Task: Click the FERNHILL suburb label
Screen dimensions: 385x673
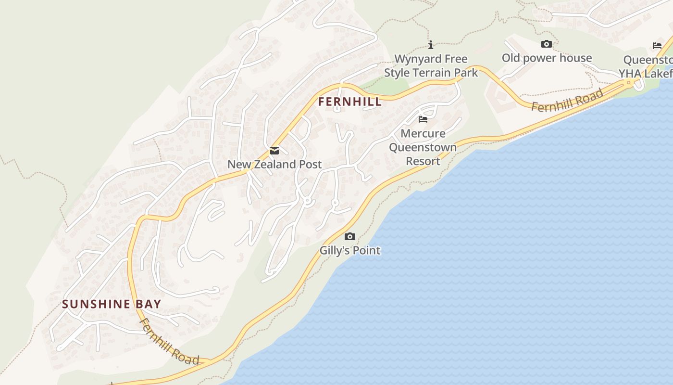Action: [x=350, y=102]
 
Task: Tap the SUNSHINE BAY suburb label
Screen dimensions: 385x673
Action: [x=112, y=304]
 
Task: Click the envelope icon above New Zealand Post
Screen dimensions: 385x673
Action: [x=274, y=151]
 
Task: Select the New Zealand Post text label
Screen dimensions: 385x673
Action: [x=274, y=164]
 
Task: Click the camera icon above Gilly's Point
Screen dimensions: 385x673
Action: [x=350, y=236]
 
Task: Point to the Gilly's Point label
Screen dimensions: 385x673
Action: [x=350, y=250]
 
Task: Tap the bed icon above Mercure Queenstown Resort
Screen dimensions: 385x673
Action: [x=423, y=119]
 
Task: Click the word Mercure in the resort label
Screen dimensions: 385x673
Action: [x=423, y=133]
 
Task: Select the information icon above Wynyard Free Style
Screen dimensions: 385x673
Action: [x=431, y=45]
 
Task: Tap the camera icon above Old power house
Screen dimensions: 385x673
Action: [x=547, y=44]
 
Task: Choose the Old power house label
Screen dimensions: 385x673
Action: [x=547, y=58]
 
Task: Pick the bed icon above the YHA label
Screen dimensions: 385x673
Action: [x=657, y=46]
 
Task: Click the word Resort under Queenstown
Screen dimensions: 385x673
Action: [x=423, y=161]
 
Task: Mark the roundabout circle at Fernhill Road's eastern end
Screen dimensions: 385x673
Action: [x=629, y=83]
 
